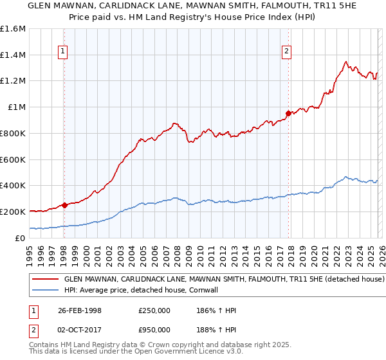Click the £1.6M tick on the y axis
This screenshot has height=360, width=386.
tap(13, 29)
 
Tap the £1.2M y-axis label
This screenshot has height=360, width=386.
tap(13, 81)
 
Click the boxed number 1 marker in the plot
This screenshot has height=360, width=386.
tap(64, 53)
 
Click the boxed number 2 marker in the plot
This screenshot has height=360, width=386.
tap(287, 53)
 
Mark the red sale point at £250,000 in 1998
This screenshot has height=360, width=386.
tap(64, 205)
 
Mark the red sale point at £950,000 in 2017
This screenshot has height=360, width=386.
tap(288, 113)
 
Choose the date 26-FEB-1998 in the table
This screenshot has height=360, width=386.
tap(91, 310)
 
